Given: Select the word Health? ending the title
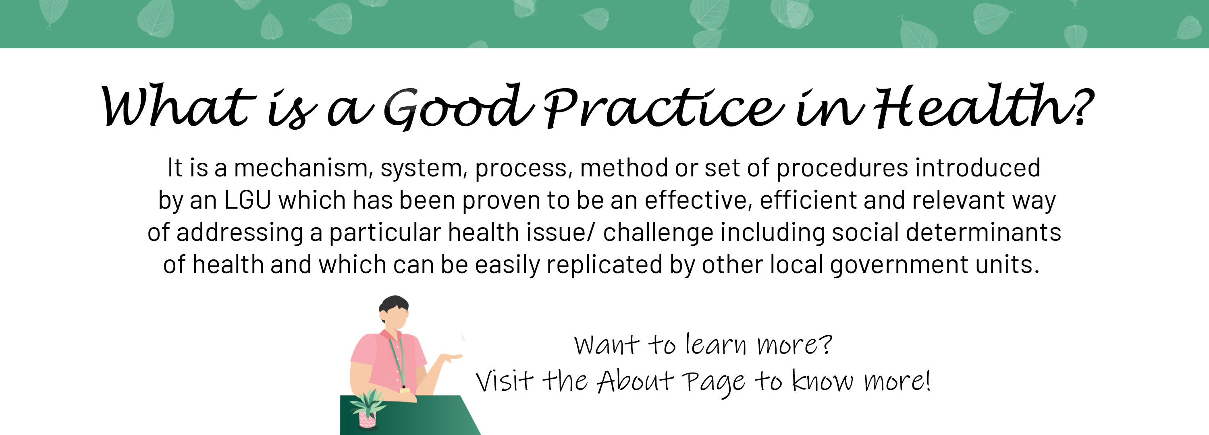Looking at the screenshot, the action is coord(983,106).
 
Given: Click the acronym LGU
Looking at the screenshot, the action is coord(247,200).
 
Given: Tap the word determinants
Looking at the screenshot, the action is coord(983,232).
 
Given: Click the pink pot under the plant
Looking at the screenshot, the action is coord(368,420).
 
